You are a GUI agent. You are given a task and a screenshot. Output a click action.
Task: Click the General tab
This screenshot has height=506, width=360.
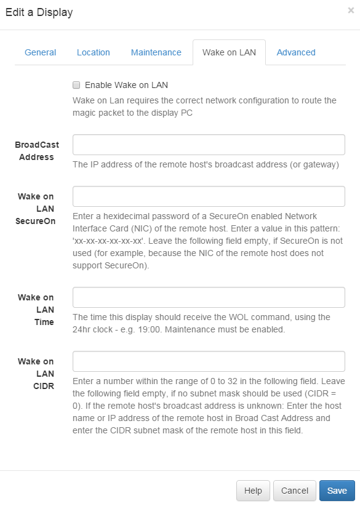(x=41, y=52)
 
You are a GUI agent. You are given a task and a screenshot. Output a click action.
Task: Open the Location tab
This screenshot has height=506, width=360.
(x=93, y=52)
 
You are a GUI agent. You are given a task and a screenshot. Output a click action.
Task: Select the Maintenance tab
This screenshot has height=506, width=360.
(x=156, y=52)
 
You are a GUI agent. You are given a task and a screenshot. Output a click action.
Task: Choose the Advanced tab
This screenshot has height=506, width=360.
(x=296, y=52)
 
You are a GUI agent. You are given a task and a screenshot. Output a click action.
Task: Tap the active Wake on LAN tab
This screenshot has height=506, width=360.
(x=229, y=52)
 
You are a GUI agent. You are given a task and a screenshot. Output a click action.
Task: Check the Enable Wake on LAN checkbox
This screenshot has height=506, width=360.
(x=76, y=85)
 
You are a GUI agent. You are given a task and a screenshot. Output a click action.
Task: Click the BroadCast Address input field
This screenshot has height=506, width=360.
(x=209, y=145)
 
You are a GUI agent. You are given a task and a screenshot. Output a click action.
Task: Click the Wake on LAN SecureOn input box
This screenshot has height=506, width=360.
(x=209, y=196)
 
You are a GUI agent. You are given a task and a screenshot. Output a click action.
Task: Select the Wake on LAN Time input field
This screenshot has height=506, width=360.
(x=209, y=297)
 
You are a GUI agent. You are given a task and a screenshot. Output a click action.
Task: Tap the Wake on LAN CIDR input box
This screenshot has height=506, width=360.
(x=209, y=361)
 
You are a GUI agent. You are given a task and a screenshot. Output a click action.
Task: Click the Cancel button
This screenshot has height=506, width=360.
(x=295, y=491)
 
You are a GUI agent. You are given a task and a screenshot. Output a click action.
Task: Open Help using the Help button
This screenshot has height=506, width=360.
(x=253, y=491)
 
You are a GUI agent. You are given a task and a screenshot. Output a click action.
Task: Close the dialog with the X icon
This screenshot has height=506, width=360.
(x=351, y=10)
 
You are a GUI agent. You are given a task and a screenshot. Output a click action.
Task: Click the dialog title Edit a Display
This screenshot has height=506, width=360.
(x=39, y=12)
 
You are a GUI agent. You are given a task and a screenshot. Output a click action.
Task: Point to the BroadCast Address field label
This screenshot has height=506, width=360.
(x=36, y=151)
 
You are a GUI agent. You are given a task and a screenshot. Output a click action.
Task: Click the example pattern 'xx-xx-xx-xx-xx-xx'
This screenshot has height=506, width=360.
(x=108, y=241)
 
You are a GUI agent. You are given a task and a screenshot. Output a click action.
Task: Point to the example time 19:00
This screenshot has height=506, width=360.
(x=149, y=329)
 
